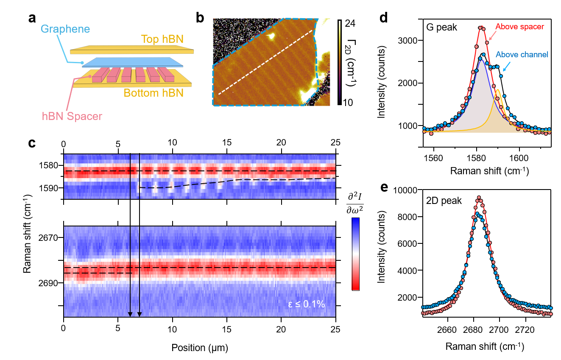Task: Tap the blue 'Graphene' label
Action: point(66,29)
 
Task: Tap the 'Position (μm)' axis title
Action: point(200,348)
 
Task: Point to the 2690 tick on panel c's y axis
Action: point(47,283)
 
